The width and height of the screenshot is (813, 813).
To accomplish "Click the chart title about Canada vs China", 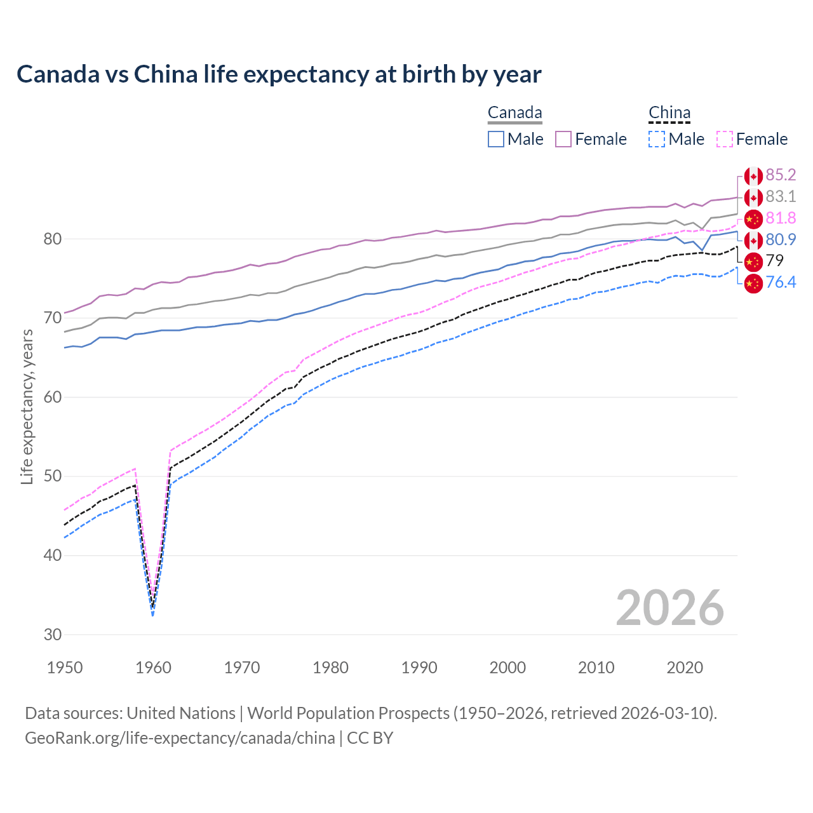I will pyautogui.click(x=279, y=74).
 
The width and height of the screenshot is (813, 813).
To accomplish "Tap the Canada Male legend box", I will pyautogui.click(x=496, y=139).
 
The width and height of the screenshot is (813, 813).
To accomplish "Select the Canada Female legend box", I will pyautogui.click(x=563, y=139).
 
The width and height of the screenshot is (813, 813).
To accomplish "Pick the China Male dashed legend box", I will pyautogui.click(x=657, y=139).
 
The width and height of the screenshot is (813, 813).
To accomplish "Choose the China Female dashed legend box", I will pyautogui.click(x=724, y=139).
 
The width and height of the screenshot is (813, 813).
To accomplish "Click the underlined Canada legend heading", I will pyautogui.click(x=514, y=113).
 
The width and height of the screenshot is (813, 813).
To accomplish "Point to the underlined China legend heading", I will pyautogui.click(x=669, y=113).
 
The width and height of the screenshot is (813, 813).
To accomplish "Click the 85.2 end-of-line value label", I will pyautogui.click(x=781, y=175).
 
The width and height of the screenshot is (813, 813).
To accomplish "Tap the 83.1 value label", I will pyautogui.click(x=781, y=196).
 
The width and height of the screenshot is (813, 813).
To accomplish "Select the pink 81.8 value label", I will pyautogui.click(x=781, y=218).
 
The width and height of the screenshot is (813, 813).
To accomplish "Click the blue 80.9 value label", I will pyautogui.click(x=781, y=239).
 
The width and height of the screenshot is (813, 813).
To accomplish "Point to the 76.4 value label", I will pyautogui.click(x=781, y=282).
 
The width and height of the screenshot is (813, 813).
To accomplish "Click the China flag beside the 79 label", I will pyautogui.click(x=753, y=261).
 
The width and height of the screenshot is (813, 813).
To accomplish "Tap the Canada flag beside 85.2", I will pyautogui.click(x=753, y=176).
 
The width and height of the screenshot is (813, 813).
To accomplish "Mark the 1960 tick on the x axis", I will pyautogui.click(x=154, y=668).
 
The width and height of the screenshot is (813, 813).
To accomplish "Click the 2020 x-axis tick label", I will pyautogui.click(x=685, y=668).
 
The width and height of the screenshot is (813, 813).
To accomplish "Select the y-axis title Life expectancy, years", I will pyautogui.click(x=27, y=406).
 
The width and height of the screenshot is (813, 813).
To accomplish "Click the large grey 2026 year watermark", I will pyautogui.click(x=669, y=608).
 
